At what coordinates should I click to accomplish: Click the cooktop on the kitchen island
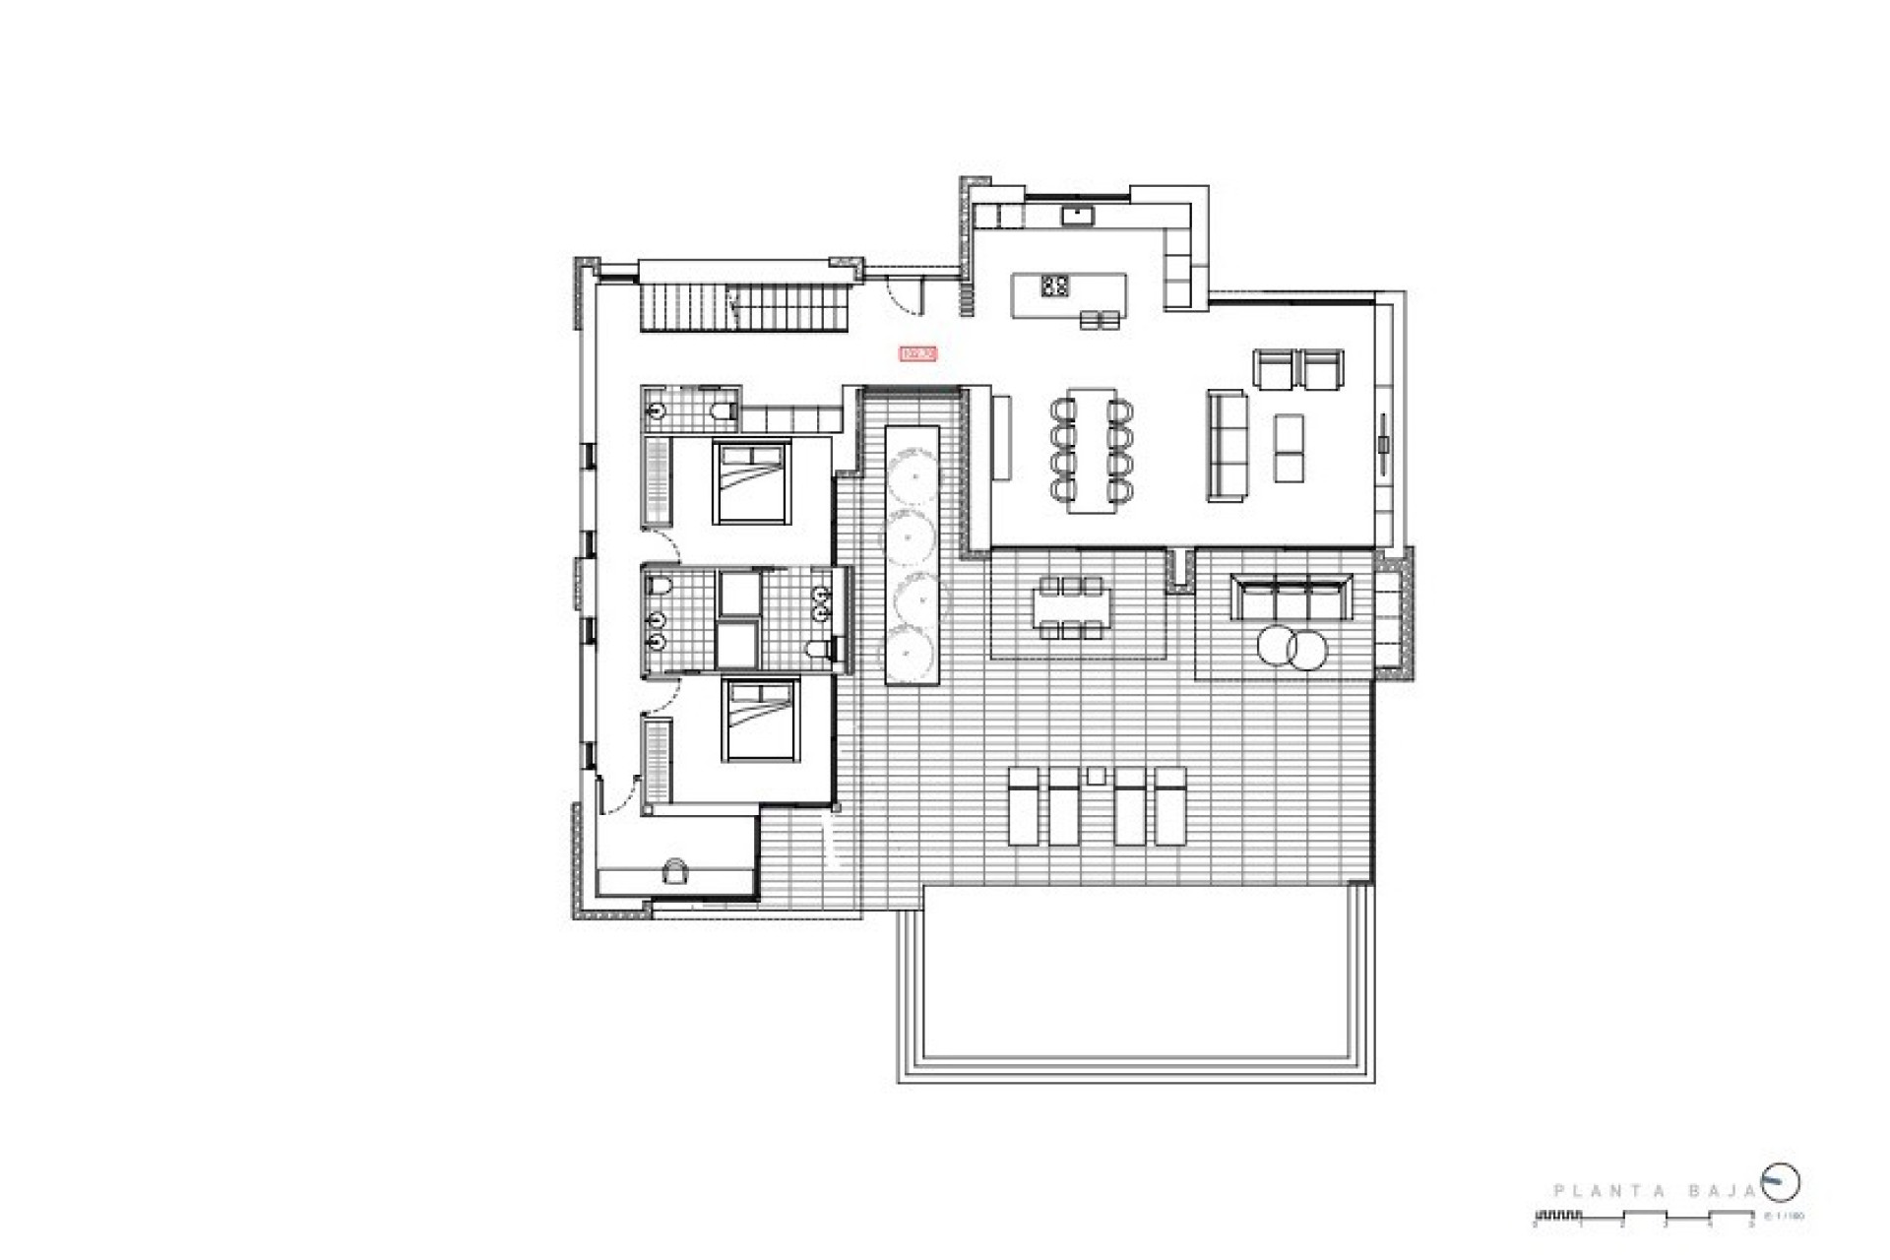pos(1055,286)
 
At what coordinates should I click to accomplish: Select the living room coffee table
pos(1289,448)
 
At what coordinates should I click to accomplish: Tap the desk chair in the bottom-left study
pos(676,869)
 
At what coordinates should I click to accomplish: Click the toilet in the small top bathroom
pos(724,411)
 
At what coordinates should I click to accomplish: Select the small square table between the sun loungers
pos(1096,776)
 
